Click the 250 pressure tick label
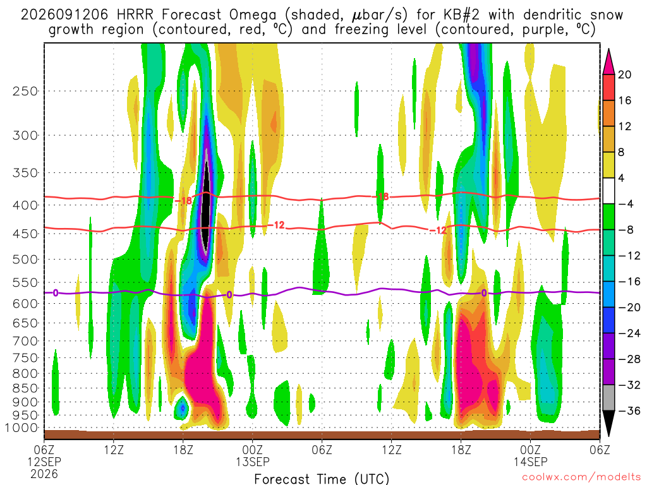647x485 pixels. pos(25,91)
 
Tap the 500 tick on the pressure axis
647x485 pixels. pos(25,260)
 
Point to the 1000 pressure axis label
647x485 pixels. pos(21,428)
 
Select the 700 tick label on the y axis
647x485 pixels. pos(25,341)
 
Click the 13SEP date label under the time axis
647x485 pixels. pos(253,462)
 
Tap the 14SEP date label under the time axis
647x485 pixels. pos(530,462)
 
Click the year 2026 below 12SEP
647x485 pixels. pos(44,474)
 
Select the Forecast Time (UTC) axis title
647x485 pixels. pos(322,479)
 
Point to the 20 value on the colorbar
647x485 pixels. pos(624,75)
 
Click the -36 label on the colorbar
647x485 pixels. pos(629,410)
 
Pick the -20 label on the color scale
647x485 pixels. pos(629,308)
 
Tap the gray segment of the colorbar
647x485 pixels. pos(608,398)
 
